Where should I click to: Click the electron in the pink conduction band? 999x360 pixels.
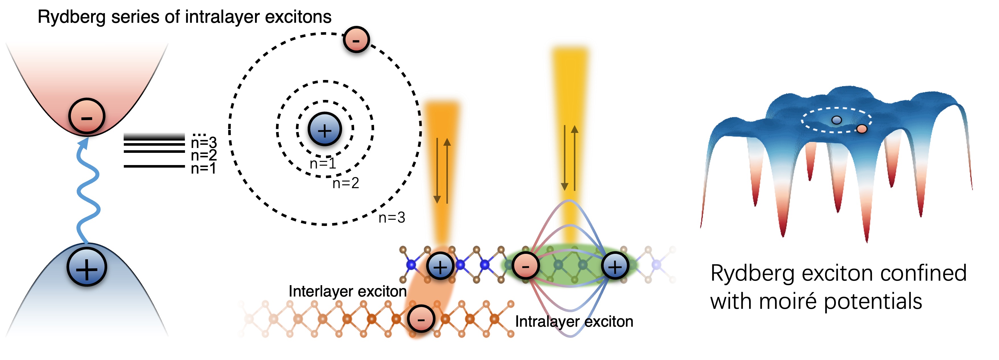tap(87, 116)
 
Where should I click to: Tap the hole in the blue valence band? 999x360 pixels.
tap(87, 268)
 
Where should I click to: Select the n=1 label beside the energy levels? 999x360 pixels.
tap(203, 169)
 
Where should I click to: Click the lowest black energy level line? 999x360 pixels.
tap(154, 166)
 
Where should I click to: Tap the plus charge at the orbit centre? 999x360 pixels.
tap(324, 129)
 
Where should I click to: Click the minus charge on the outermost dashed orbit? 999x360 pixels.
tap(356, 39)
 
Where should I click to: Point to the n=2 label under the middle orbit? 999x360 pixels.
tap(346, 183)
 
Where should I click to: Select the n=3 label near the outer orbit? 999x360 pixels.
tap(392, 218)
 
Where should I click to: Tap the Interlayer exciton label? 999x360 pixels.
tap(348, 291)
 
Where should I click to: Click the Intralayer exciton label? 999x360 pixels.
tap(574, 322)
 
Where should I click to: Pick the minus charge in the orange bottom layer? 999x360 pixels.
tap(421, 319)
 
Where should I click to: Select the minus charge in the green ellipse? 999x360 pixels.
tap(525, 266)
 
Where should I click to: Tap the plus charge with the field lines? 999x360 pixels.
tap(615, 266)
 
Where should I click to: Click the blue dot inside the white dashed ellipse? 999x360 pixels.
tap(836, 120)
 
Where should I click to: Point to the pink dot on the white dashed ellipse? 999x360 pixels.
tap(862, 129)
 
